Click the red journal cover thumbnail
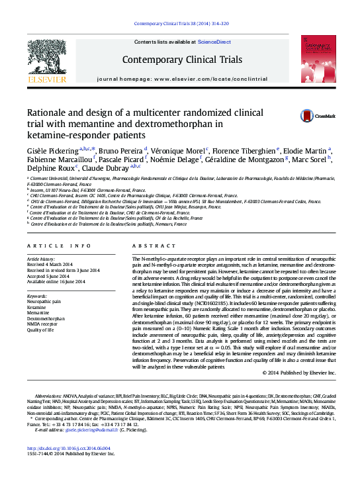pyautogui.click(x=314, y=60)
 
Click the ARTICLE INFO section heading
pyautogui.click(x=59, y=246)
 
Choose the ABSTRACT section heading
pyautogui.click(x=152, y=246)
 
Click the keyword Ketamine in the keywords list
pyautogui.click(x=36, y=307)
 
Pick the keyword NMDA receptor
pyautogui.click(x=43, y=324)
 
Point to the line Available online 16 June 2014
pyautogui.click(x=56, y=281)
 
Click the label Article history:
pyautogui.click(x=40, y=259)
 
